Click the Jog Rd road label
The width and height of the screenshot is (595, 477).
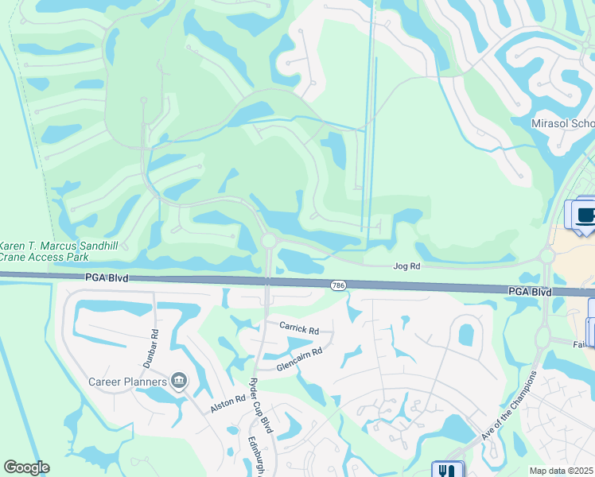point(406,268)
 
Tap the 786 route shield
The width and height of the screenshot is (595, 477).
point(338,284)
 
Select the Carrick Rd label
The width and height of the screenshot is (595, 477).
point(298,328)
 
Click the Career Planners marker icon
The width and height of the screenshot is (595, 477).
point(180,382)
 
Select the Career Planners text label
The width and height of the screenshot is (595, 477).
point(128,382)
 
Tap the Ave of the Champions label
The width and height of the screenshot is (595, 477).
point(508,405)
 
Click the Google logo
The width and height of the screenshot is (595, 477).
point(26,467)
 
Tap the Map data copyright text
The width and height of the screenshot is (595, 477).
point(562,471)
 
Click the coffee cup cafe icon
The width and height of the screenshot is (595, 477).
point(586,215)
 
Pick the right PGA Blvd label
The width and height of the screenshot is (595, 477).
point(531,293)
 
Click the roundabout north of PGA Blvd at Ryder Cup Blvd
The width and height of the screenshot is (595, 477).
point(269,240)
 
